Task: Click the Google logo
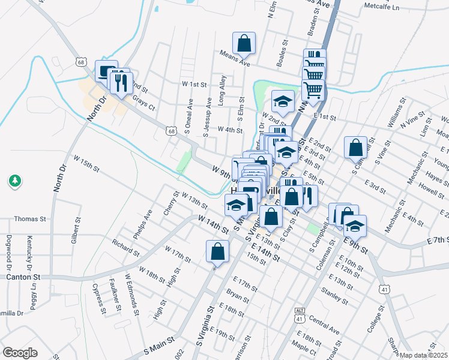[x=20, y=353]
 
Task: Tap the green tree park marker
[x=15, y=179]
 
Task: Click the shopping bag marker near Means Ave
[x=244, y=43]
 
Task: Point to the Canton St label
[x=22, y=277]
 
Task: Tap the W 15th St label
[x=86, y=162]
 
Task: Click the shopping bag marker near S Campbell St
[x=355, y=147]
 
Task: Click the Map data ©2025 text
[x=424, y=355]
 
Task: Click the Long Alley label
[x=222, y=91]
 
